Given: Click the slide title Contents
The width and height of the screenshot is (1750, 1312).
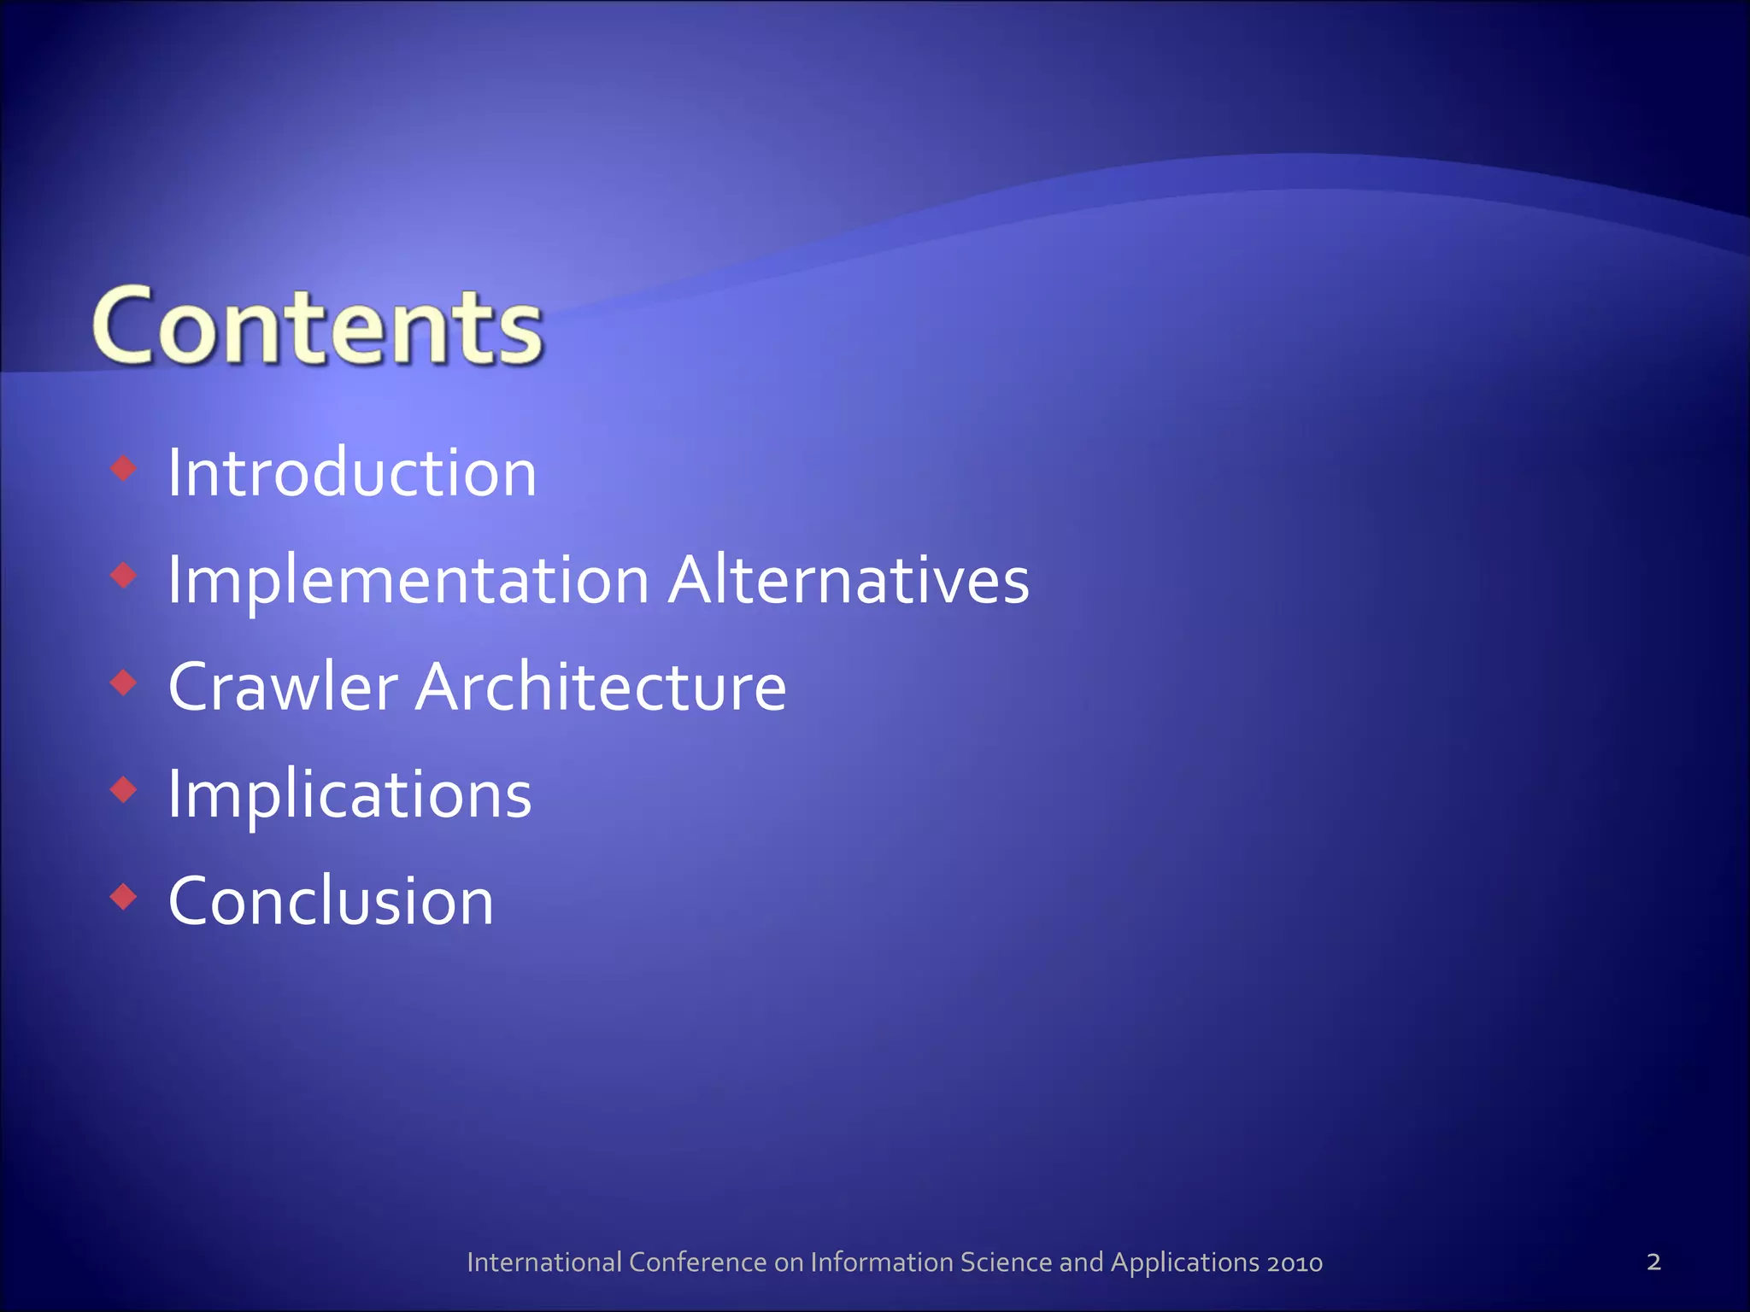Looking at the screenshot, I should pos(317,327).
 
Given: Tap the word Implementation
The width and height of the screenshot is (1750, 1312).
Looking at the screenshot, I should pos(408,581).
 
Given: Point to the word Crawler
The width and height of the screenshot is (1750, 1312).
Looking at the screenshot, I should pos(283,687).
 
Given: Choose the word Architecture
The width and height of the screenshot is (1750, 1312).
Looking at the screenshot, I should pos(601,687).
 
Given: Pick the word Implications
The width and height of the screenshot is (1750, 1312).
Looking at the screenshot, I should pos(349,795).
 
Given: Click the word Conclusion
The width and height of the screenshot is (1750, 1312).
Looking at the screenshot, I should pos(331,902).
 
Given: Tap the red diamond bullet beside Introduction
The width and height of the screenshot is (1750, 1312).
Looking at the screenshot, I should pos(125,468).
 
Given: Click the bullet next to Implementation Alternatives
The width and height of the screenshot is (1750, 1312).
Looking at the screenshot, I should pos(125,576).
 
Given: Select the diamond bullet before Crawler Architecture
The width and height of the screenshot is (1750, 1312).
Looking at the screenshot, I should pos(125,682).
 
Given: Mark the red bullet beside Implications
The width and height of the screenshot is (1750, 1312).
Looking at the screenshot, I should pos(125,789).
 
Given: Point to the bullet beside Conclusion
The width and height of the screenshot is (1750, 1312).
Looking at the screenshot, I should pos(125,897).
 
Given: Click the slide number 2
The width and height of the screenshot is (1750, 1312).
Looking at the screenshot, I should pos(1653,1262).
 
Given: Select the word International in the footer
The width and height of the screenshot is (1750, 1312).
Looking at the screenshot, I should pos(544,1262).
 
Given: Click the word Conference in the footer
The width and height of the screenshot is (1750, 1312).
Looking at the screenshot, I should pos(698,1262).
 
